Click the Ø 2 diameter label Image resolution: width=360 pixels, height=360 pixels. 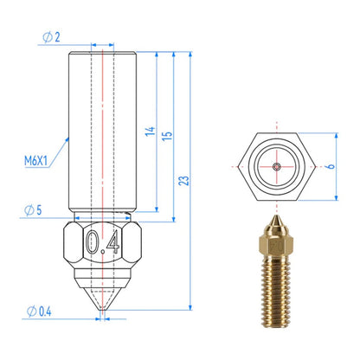(x=51, y=37)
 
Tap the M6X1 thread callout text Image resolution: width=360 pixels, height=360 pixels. (x=35, y=161)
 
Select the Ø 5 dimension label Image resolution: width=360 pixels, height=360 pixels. (x=33, y=210)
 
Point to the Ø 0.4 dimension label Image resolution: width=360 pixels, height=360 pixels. (x=39, y=312)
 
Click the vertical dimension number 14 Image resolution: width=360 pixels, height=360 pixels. (x=150, y=132)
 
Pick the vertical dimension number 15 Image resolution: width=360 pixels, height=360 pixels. (x=167, y=136)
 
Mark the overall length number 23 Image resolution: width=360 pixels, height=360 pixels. (x=183, y=181)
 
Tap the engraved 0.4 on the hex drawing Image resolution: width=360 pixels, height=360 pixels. (x=103, y=242)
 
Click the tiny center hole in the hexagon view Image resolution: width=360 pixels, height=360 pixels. (x=277, y=166)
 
